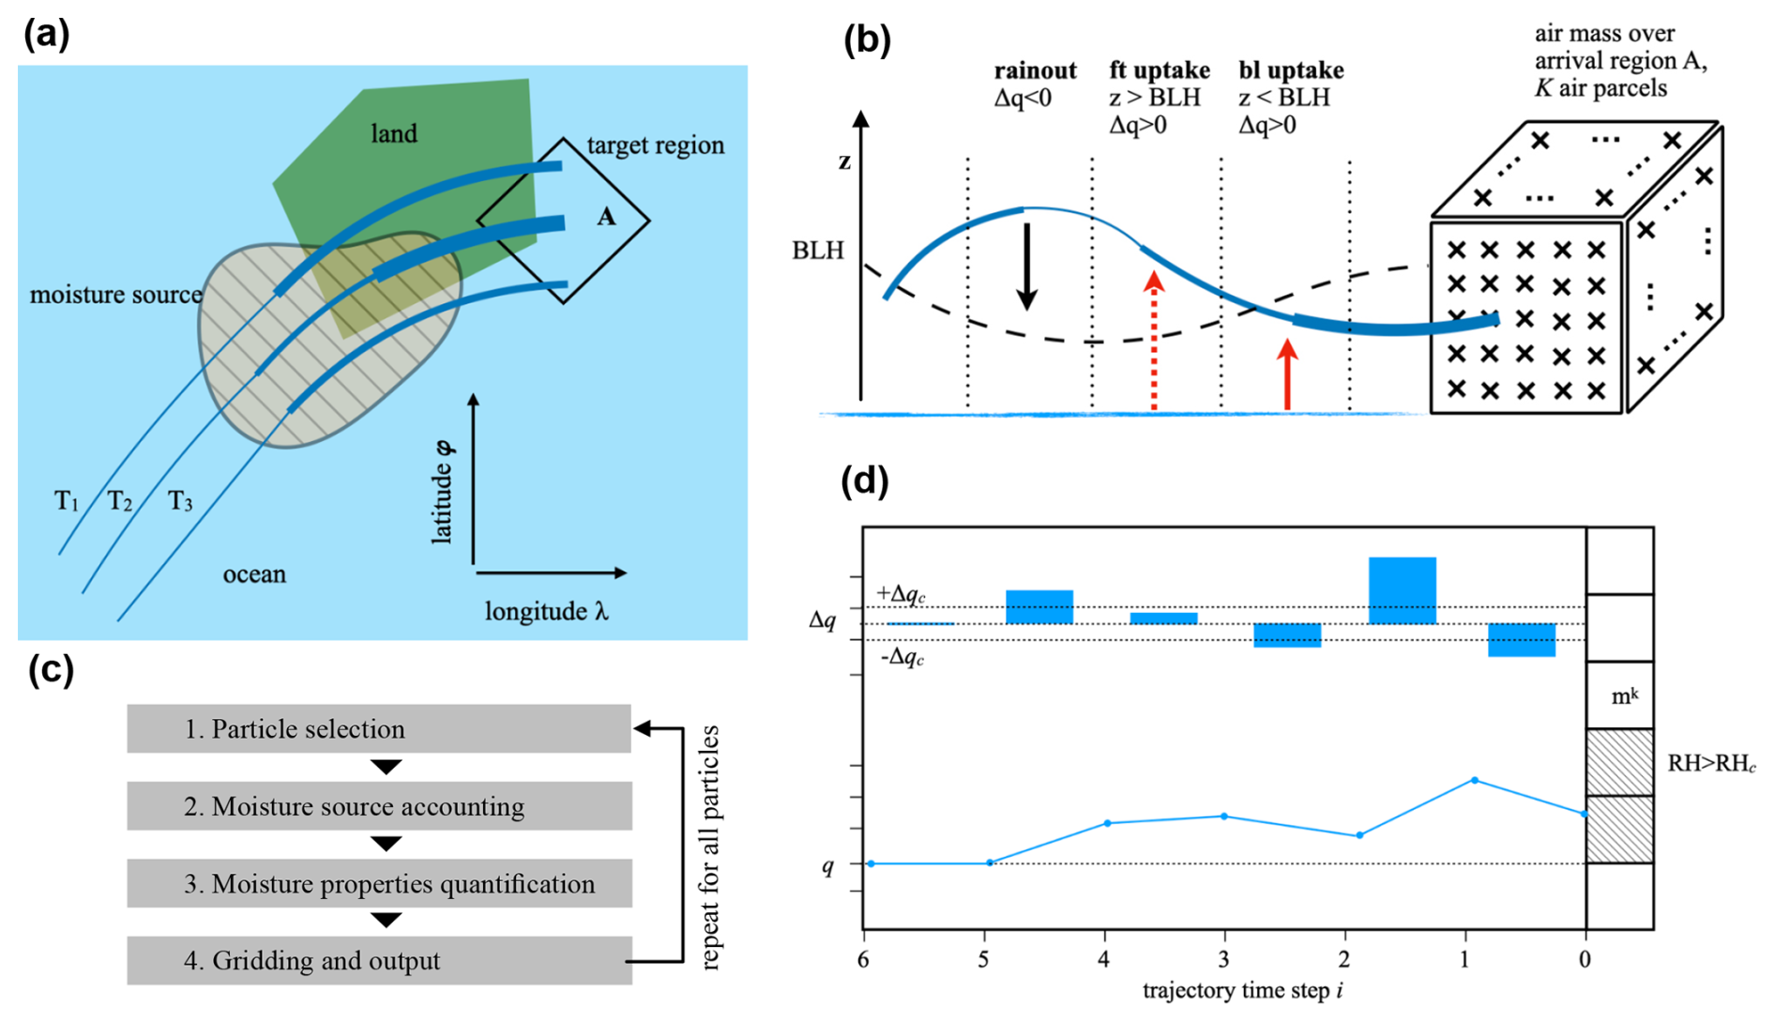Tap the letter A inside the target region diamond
(x=607, y=217)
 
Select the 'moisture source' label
(x=115, y=295)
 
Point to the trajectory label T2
(x=119, y=501)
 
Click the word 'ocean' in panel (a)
(x=254, y=574)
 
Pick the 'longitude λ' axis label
(x=546, y=612)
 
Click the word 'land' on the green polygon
(x=394, y=133)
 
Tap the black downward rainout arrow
(x=1027, y=265)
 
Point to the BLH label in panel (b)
(x=818, y=251)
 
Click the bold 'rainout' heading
(x=1036, y=70)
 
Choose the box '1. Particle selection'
(x=379, y=729)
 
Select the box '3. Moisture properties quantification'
(x=379, y=883)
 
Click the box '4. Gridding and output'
(x=379, y=960)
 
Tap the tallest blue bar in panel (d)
(x=1402, y=590)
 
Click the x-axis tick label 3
(x=1223, y=959)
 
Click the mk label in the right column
(x=1624, y=696)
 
